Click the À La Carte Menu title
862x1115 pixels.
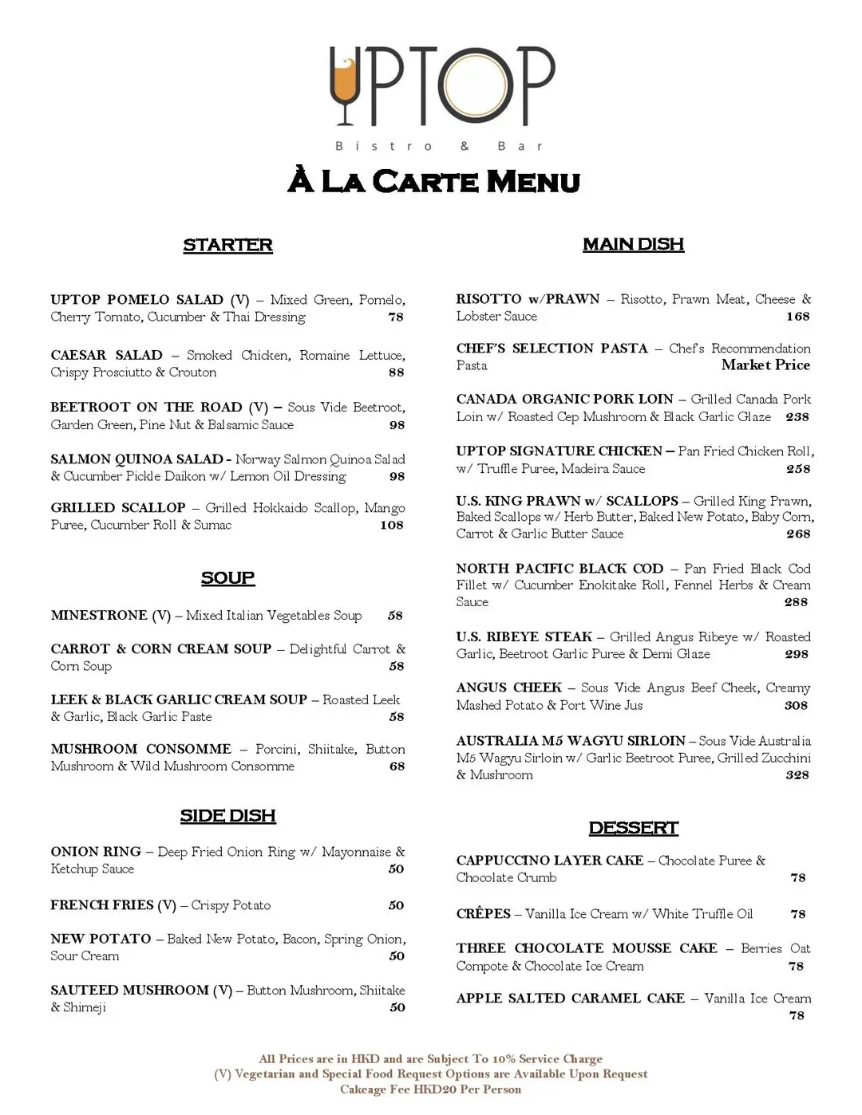[x=433, y=181]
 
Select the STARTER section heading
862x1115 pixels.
[x=227, y=245]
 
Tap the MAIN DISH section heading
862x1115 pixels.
[x=633, y=244]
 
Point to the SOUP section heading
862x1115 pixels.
[x=227, y=577]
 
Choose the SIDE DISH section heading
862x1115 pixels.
[x=227, y=815]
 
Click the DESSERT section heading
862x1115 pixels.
[x=633, y=828]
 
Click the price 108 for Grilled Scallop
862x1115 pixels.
[x=392, y=525]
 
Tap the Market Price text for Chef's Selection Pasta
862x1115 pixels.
[x=765, y=364]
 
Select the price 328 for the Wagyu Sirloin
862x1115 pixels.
[x=797, y=774]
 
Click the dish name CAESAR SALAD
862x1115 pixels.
[x=106, y=355]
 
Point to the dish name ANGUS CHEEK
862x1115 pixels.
[x=508, y=688]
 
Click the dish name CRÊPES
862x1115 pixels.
[x=483, y=913]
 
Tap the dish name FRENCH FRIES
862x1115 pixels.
[x=101, y=904]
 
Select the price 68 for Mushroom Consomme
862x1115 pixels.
[x=397, y=766]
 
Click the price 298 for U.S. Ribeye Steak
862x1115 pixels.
[x=797, y=654]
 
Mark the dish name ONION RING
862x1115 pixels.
[x=96, y=851]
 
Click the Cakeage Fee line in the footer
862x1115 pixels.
[x=430, y=1089]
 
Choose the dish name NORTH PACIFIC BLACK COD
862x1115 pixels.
[x=560, y=568]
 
